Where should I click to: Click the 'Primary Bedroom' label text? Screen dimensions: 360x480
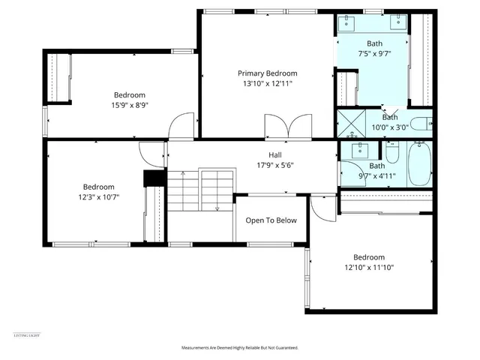(x=268, y=73)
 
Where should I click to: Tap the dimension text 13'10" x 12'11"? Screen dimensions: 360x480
(x=268, y=83)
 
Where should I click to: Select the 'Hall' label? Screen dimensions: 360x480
(x=275, y=154)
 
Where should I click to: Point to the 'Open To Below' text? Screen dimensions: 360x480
(x=271, y=220)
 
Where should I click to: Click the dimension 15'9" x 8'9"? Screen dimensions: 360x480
(x=130, y=106)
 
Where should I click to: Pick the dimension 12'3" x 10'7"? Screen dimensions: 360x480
(x=98, y=197)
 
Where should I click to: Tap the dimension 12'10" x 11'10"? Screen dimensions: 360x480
(x=369, y=267)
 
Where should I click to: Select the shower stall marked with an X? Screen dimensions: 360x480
(x=348, y=123)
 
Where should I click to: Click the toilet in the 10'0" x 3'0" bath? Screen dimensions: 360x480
(x=421, y=123)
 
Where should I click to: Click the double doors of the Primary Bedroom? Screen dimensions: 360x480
(x=287, y=127)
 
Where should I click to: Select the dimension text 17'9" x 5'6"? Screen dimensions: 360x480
(x=275, y=165)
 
